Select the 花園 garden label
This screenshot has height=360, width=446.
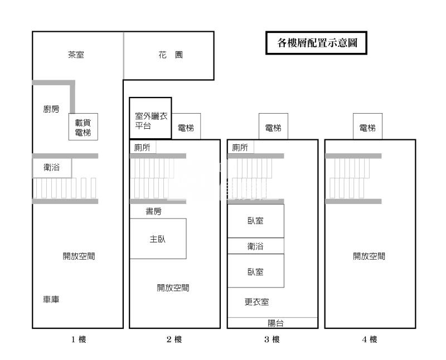[x=171, y=55]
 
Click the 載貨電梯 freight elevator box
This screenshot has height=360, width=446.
[x=83, y=128]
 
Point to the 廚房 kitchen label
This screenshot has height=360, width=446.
[x=51, y=109]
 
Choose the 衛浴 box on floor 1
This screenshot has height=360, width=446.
[x=52, y=167]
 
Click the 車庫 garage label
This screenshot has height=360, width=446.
[x=51, y=300]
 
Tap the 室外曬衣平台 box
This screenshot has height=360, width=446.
[x=151, y=119]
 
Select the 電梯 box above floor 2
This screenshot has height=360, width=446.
[x=186, y=128]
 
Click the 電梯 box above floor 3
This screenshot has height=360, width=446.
[x=273, y=128]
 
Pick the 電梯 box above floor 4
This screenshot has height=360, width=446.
[x=367, y=128]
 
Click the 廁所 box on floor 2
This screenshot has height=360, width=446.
[x=143, y=147]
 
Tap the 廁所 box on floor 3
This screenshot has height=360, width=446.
[x=240, y=147]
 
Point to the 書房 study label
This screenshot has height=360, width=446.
[x=154, y=212]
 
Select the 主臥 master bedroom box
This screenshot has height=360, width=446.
[x=158, y=239]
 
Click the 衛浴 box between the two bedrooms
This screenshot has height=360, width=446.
[x=255, y=246]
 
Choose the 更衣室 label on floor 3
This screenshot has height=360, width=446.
[x=256, y=302]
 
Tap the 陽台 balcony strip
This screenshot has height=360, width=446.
[x=273, y=323]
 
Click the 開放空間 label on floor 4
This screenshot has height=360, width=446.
[x=369, y=256]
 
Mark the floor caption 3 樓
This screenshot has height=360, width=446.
[x=272, y=339]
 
